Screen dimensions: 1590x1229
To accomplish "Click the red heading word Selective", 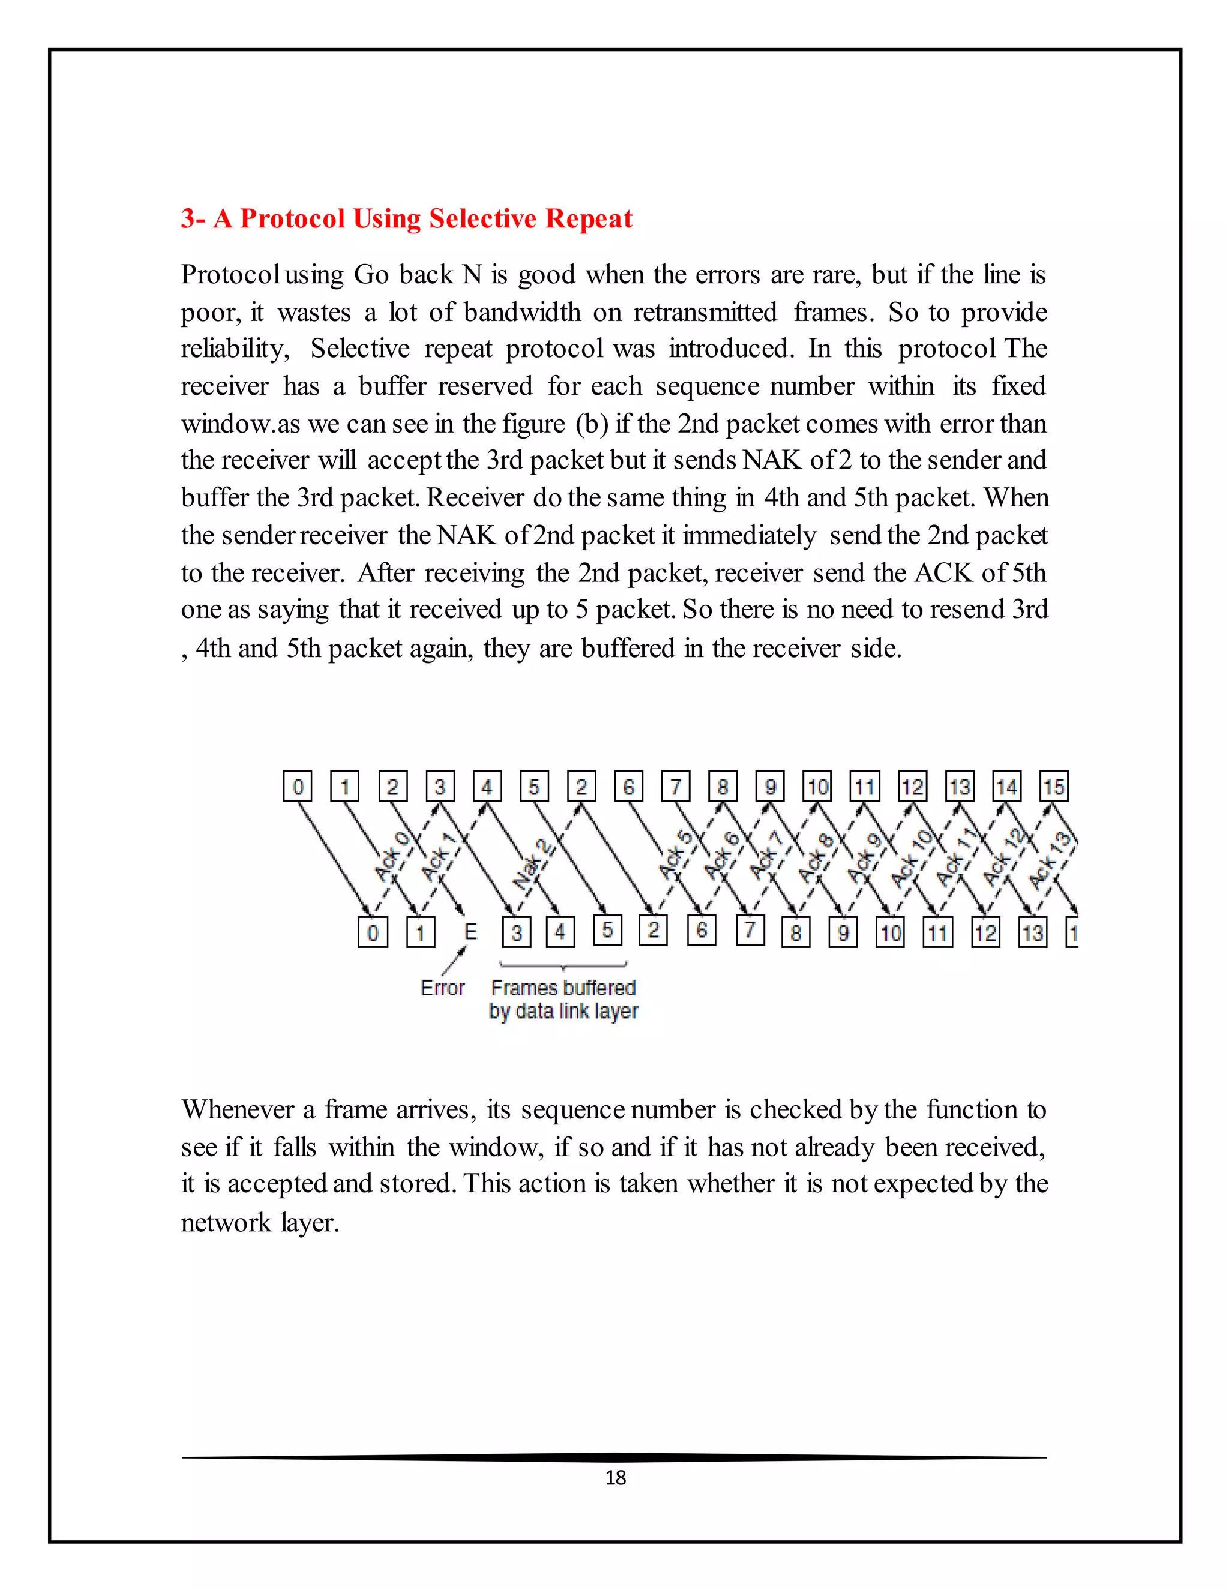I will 482,218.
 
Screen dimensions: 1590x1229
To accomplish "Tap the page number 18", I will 615,1477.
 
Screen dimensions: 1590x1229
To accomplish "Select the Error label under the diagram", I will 443,988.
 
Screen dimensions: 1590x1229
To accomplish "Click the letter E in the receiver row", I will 470,931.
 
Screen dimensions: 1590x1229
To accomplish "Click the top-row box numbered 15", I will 1054,786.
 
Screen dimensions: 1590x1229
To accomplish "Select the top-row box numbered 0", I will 298,786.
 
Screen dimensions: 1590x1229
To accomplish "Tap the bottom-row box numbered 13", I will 1032,932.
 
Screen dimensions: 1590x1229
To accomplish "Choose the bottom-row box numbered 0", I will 373,932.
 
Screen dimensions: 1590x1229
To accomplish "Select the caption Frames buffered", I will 563,988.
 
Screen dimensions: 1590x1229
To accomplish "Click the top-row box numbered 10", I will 817,786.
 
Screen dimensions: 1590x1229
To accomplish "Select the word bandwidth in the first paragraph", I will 522,313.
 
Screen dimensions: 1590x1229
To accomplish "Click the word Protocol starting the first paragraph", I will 230,274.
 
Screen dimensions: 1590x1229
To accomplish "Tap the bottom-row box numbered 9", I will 843,932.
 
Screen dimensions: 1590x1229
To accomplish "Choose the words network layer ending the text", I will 260,1222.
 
